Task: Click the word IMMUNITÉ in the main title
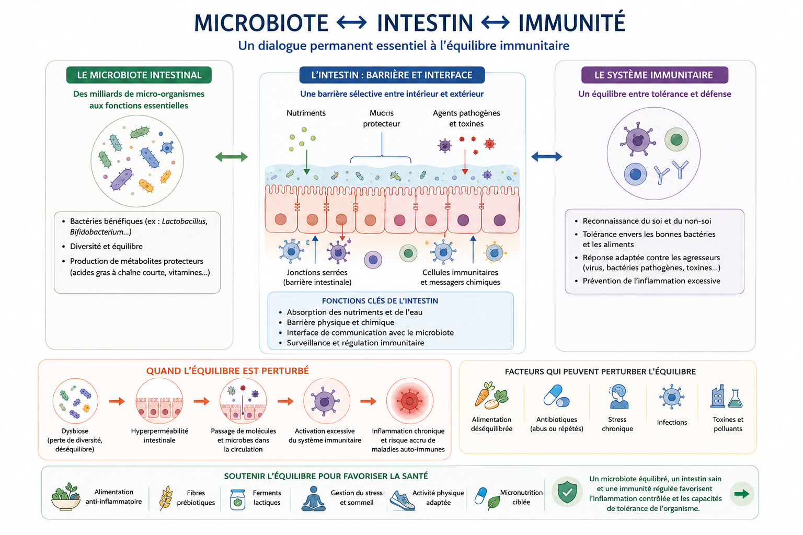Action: point(571,22)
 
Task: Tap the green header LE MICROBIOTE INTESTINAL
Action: point(139,75)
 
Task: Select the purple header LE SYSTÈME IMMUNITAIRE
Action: point(655,75)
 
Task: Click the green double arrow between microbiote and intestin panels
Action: point(231,157)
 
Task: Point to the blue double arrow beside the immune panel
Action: point(546,156)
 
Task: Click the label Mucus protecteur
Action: point(382,118)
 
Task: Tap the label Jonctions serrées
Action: point(317,272)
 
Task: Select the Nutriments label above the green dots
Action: point(306,113)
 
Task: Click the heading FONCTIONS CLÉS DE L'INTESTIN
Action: point(380,300)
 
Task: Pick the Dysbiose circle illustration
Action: point(75,401)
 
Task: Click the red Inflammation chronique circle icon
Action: point(410,401)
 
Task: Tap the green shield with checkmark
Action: point(567,492)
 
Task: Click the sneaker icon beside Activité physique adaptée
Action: point(402,500)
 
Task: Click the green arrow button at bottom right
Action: point(742,494)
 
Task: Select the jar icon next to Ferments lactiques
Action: point(237,499)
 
